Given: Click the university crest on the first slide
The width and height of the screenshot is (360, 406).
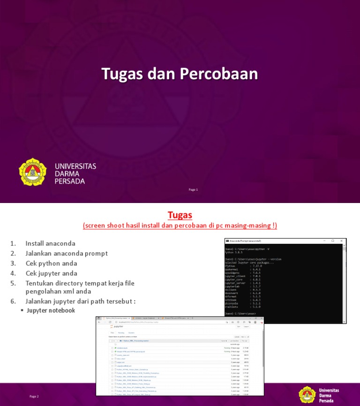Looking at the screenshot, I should (33, 172).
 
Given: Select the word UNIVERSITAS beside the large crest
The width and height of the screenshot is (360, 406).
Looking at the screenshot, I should (75, 166).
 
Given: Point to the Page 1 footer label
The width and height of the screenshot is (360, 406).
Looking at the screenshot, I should (193, 189).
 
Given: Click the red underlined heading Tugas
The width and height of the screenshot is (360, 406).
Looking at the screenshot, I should (180, 215).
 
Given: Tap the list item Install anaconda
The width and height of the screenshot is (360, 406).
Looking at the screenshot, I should (50, 243).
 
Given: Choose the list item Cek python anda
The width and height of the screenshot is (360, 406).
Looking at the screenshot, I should (51, 263).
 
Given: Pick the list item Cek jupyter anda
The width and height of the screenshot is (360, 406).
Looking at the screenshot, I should (52, 273).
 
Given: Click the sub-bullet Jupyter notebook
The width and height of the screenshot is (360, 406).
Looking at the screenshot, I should (51, 310).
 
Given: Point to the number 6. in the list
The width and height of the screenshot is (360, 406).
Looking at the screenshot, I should (13, 301).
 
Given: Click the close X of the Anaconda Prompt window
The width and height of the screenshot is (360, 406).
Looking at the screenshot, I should (342, 241).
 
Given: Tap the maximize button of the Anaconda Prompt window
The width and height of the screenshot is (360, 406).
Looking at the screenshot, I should (333, 241).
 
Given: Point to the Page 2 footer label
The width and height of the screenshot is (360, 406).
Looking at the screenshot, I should (34, 397).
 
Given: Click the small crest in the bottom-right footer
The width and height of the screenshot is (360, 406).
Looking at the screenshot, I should (307, 395).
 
